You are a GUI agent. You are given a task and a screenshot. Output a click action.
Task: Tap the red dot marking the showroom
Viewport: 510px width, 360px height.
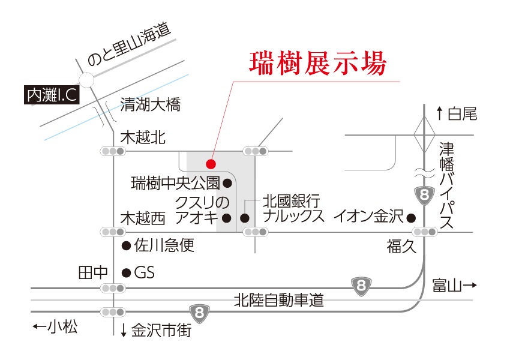coord(210,163)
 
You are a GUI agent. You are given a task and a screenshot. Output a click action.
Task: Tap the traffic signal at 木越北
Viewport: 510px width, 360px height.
coord(113,151)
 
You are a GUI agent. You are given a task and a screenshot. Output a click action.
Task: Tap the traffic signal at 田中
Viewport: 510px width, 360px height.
coord(113,289)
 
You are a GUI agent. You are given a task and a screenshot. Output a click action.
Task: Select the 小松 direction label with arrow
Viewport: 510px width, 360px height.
coord(56,327)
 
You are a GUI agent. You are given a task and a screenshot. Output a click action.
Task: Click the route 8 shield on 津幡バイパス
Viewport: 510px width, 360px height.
coord(425,196)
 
